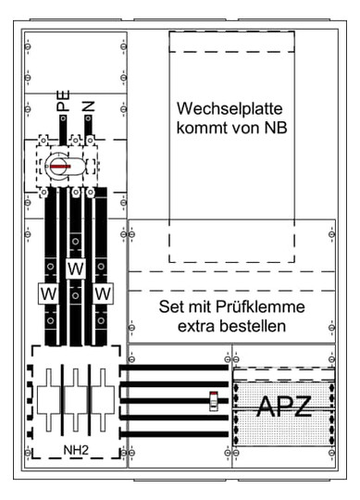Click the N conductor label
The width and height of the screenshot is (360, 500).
pyautogui.click(x=89, y=105)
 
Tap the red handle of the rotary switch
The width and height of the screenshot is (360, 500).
pyautogui.click(x=66, y=166)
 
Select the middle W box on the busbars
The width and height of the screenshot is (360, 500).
pyautogui.click(x=75, y=269)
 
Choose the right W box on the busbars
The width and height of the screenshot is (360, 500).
pyautogui.click(x=103, y=294)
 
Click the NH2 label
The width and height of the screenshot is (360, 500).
pyautogui.click(x=76, y=447)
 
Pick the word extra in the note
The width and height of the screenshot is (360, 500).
pyautogui.click(x=204, y=326)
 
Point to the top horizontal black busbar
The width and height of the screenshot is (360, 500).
pyautogui.click(x=175, y=369)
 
